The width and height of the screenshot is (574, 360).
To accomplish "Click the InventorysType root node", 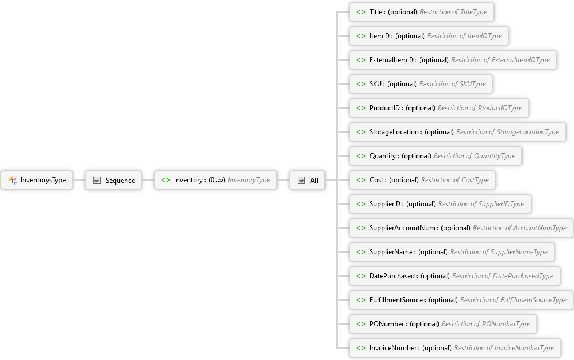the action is (37, 180).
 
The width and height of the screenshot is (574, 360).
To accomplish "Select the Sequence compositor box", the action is (113, 180).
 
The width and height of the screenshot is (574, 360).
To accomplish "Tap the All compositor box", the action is (307, 180).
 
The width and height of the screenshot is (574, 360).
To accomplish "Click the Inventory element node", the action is (215, 180).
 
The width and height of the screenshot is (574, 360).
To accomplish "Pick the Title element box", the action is (422, 12).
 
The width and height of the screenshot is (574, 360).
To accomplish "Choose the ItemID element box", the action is (429, 36).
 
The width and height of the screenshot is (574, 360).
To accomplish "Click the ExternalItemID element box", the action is (453, 60).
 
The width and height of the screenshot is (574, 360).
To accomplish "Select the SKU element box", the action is (421, 84).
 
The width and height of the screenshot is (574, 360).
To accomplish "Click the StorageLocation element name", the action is (394, 132).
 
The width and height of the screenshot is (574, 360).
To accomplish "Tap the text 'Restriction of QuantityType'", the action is (474, 156).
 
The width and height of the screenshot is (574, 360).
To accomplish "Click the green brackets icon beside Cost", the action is (361, 180).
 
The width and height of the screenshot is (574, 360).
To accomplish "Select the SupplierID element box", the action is (440, 204).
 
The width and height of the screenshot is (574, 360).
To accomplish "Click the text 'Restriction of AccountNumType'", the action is (519, 228).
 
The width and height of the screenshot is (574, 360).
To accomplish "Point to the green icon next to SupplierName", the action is (361, 252).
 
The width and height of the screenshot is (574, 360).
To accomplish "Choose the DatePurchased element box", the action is (455, 276).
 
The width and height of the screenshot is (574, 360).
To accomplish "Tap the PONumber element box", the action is (443, 324).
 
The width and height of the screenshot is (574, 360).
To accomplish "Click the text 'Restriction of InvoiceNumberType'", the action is (504, 348).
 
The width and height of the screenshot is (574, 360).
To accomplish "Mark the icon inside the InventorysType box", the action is (13, 180).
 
